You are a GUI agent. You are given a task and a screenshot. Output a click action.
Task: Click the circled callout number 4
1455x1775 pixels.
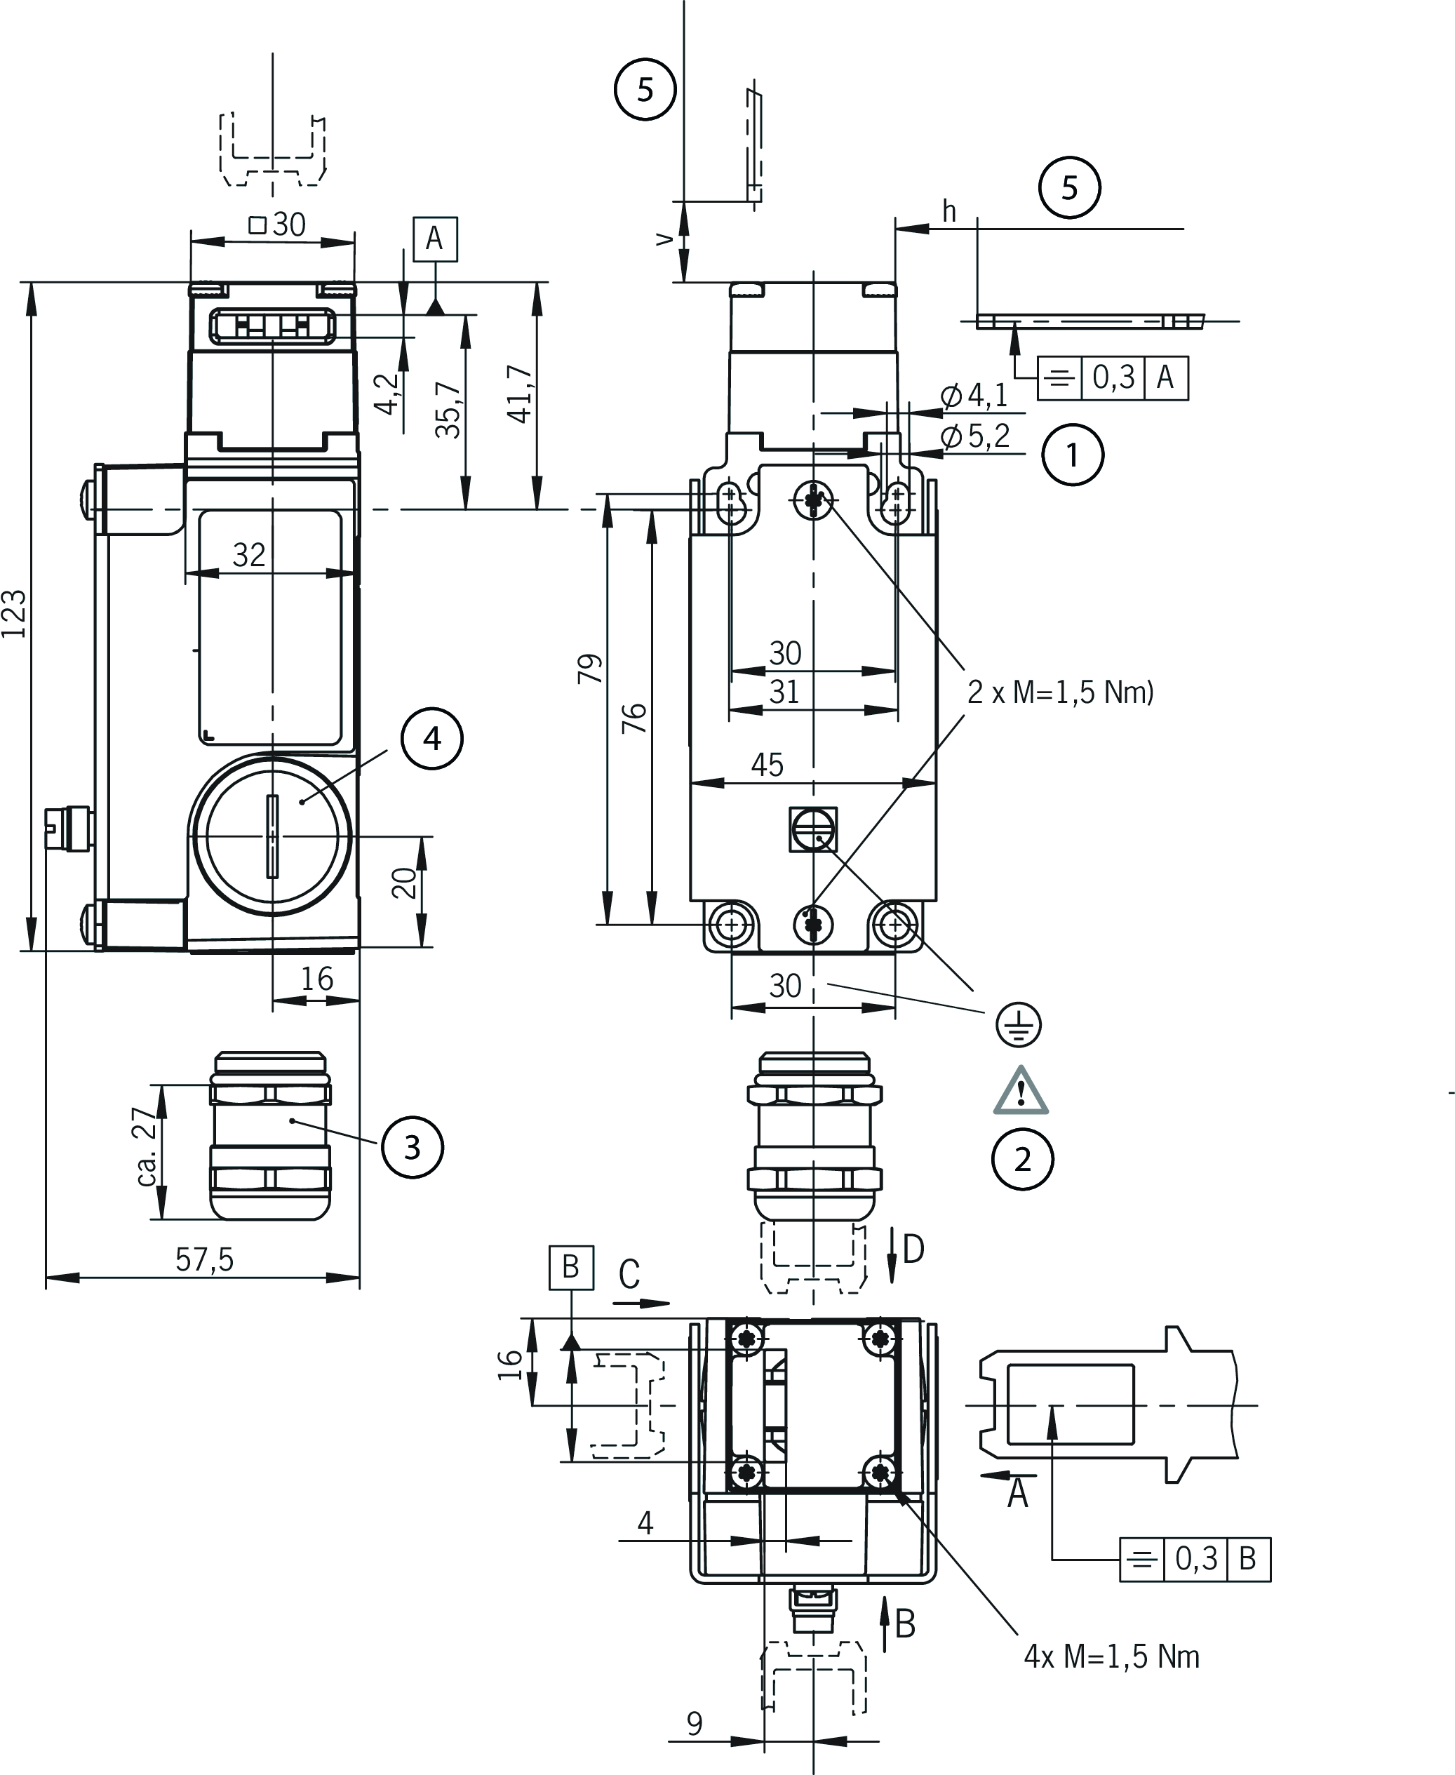(431, 738)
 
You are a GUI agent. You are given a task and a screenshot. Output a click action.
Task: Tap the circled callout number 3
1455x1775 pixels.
(412, 1147)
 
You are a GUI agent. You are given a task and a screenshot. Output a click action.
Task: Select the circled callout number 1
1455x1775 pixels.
(1073, 455)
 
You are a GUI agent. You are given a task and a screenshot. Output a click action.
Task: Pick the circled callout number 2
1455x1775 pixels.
(1023, 1159)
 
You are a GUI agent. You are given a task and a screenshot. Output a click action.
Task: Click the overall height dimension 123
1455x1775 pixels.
(15, 613)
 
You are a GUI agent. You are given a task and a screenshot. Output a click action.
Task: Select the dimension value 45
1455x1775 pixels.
(767, 764)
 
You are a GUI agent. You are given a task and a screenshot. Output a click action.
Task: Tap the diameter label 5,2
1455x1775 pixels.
(976, 436)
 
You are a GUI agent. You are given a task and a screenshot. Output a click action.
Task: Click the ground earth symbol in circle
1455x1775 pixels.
(1019, 1024)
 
